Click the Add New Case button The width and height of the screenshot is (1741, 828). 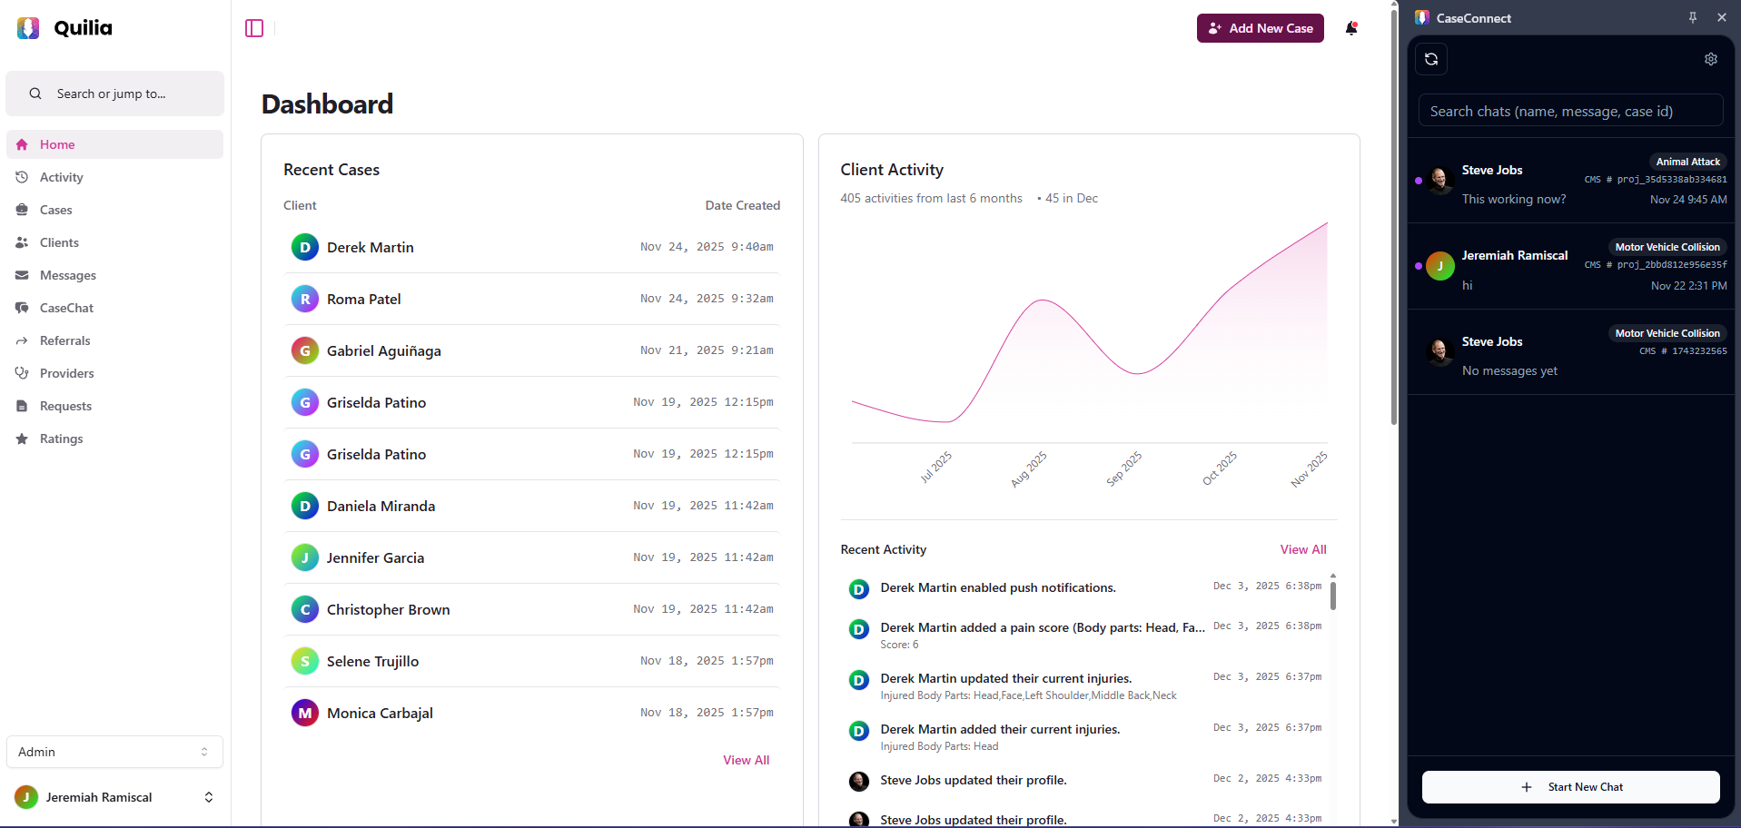[1260, 28]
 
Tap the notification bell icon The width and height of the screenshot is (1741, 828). [1351, 28]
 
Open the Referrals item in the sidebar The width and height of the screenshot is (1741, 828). [64, 340]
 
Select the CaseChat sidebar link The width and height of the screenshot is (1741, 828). [66, 308]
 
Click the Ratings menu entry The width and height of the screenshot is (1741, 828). [61, 439]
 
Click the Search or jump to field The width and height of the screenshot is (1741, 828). [114, 94]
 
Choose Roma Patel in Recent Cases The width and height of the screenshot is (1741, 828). [363, 299]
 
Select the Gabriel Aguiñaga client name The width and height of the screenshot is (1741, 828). [383, 350]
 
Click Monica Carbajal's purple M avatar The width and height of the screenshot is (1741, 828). [305, 713]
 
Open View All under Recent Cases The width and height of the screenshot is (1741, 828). [746, 760]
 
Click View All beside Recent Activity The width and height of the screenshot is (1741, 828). [1302, 549]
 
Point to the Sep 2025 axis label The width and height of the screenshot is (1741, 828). [1123, 468]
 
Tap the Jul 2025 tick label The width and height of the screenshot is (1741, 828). [935, 467]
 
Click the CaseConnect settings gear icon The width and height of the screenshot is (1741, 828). [1710, 59]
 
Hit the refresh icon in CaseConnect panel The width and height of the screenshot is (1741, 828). [1431, 59]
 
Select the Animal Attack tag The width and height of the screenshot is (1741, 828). [1687, 162]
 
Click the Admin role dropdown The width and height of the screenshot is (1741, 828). [114, 752]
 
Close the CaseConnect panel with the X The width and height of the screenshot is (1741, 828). [1721, 17]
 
